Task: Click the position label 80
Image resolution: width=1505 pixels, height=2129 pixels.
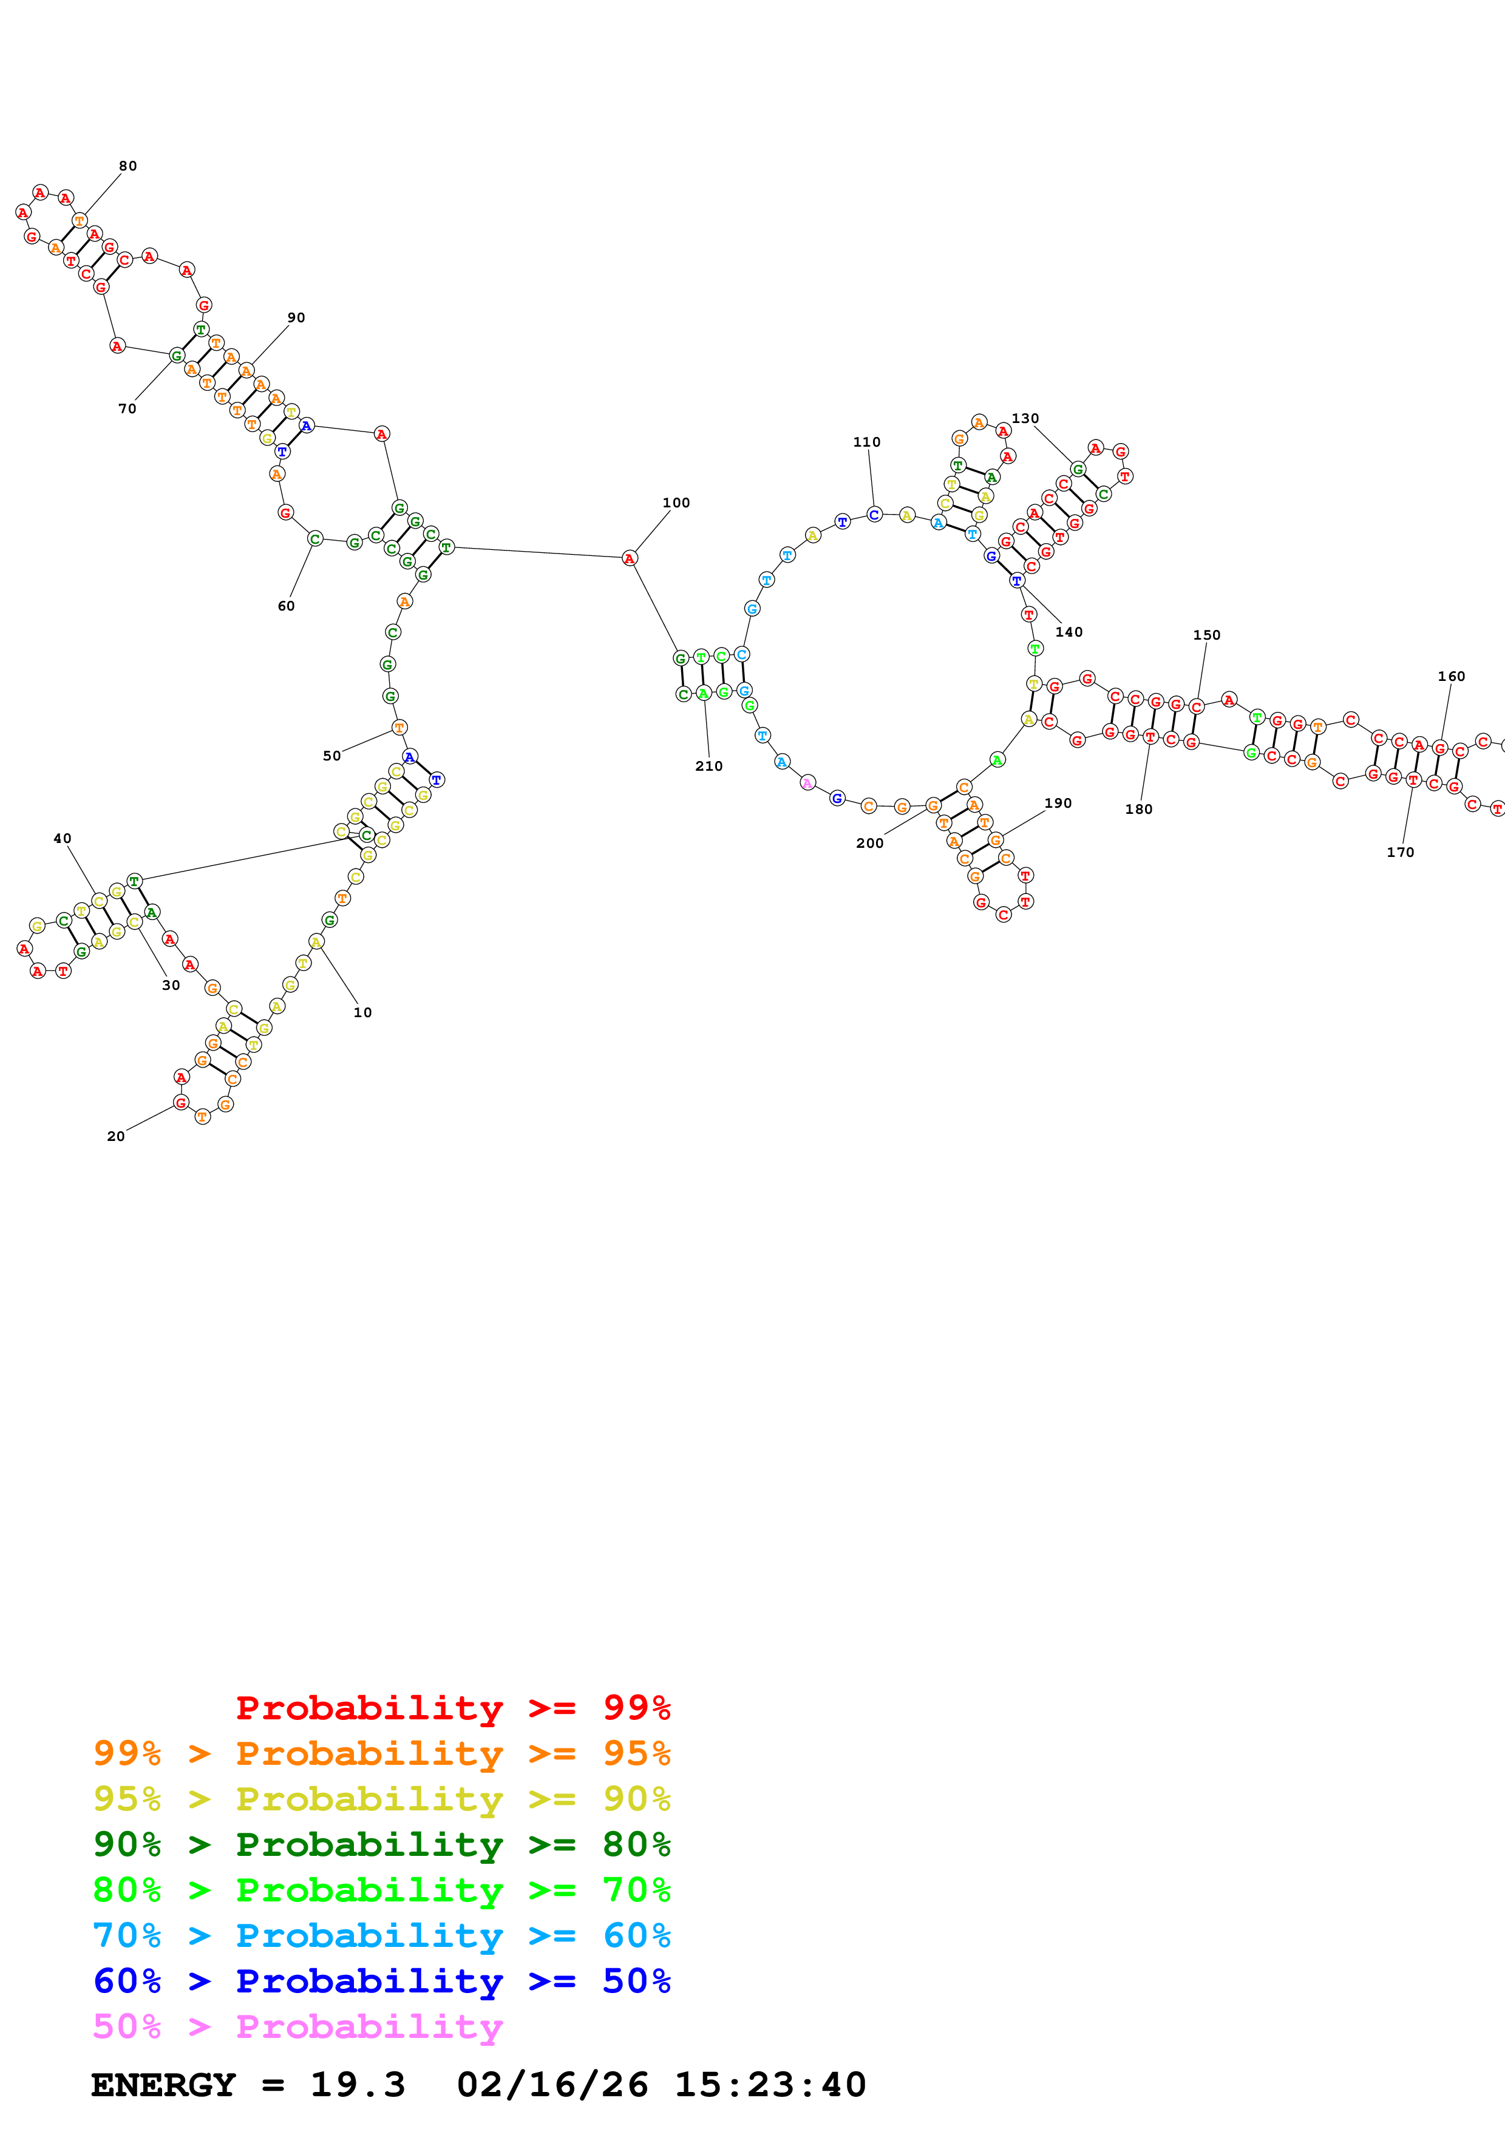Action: pos(128,166)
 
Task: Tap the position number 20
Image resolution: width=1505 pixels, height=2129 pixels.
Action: pos(116,1136)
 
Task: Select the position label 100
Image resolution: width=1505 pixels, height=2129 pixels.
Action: pos(676,503)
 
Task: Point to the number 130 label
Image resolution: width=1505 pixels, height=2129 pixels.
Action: pos(1025,418)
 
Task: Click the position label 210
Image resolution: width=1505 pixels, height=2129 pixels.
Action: pos(708,766)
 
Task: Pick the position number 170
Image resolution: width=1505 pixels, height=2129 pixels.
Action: pos(1400,852)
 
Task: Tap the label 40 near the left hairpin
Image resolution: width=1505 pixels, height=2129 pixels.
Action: pos(62,838)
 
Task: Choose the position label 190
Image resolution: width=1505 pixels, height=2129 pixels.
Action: pos(1058,803)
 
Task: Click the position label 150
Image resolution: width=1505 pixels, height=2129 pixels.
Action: pos(1206,635)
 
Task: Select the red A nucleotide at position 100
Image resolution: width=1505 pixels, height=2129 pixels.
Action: pos(630,558)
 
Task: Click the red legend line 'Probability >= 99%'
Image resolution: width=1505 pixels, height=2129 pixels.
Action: pos(452,1707)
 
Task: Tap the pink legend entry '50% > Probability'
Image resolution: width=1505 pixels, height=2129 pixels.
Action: pos(297,2026)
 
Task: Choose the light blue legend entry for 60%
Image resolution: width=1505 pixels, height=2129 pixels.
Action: pos(381,1935)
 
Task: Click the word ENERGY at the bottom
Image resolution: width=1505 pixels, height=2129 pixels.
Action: pos(163,2085)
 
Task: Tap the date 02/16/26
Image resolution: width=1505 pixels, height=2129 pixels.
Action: pos(552,2085)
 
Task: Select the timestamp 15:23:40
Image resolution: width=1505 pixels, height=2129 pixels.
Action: pos(770,2085)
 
